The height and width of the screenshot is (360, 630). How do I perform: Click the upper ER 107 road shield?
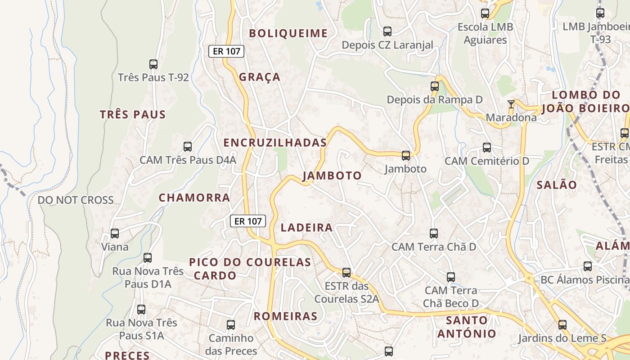point(226,51)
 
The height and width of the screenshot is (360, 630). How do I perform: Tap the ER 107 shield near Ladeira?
point(248,221)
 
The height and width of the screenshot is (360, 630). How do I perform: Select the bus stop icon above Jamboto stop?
point(406,156)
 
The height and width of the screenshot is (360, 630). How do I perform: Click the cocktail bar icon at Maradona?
point(511,104)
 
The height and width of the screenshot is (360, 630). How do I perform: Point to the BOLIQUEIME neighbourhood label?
point(288,33)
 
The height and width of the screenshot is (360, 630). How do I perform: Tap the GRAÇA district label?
point(260,77)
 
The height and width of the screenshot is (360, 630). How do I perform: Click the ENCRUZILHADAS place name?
point(275,143)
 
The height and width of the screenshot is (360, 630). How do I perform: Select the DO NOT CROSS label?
point(76,200)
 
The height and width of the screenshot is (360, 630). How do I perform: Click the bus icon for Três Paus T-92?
point(153,64)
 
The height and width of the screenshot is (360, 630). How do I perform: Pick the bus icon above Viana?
point(115,234)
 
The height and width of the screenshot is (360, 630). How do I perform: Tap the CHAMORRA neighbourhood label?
point(194,198)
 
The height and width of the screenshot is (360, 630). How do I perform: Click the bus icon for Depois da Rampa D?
point(435,86)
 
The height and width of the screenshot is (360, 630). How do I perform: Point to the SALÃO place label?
point(557,185)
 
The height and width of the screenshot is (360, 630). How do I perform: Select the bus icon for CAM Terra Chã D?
point(434,234)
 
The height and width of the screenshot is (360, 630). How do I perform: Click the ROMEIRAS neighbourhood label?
point(286,316)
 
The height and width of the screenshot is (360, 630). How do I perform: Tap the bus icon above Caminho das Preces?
point(231,324)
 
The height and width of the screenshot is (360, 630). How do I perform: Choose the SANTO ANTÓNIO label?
point(467,327)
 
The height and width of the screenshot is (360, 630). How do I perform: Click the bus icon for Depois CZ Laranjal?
point(387,31)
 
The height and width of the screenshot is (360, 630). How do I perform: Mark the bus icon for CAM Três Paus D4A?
point(188,147)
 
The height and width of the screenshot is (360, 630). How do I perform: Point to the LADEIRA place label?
point(306,228)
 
